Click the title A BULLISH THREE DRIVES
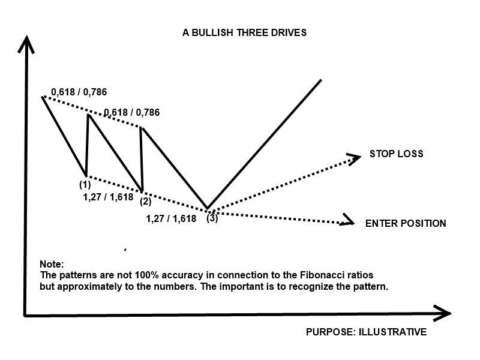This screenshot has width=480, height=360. (x=244, y=32)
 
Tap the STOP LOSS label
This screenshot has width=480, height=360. (x=396, y=154)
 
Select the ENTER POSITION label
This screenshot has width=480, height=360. (x=406, y=223)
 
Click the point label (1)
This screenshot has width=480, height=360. (x=85, y=185)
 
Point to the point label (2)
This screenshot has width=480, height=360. (x=145, y=201)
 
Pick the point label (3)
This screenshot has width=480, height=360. (x=212, y=218)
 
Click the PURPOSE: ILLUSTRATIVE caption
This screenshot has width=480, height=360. (x=366, y=332)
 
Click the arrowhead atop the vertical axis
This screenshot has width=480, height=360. (x=25, y=44)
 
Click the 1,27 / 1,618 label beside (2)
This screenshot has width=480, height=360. (x=108, y=196)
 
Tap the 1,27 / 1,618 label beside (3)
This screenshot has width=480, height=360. (x=171, y=218)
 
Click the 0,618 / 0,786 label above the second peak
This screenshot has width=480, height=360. (x=131, y=112)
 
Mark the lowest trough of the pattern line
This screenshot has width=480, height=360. (x=208, y=208)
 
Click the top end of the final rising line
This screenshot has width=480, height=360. (x=321, y=80)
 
